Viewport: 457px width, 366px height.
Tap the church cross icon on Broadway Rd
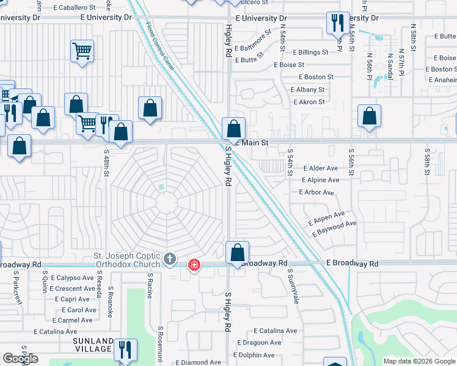[170, 260]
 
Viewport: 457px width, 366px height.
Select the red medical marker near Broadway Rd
[194, 264]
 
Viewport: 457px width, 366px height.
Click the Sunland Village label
[93, 345]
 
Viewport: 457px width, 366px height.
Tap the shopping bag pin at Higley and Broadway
[237, 253]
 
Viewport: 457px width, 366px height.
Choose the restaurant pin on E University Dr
[337, 24]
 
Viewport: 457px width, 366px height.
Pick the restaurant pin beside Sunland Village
[125, 350]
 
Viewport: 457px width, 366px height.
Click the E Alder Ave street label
[320, 168]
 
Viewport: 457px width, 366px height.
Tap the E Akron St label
[309, 102]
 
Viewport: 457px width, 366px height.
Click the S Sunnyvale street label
[293, 286]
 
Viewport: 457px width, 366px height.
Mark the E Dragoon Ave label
[258, 343]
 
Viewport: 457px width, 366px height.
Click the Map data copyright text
[419, 361]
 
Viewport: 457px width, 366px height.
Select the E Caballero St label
[75, 8]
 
